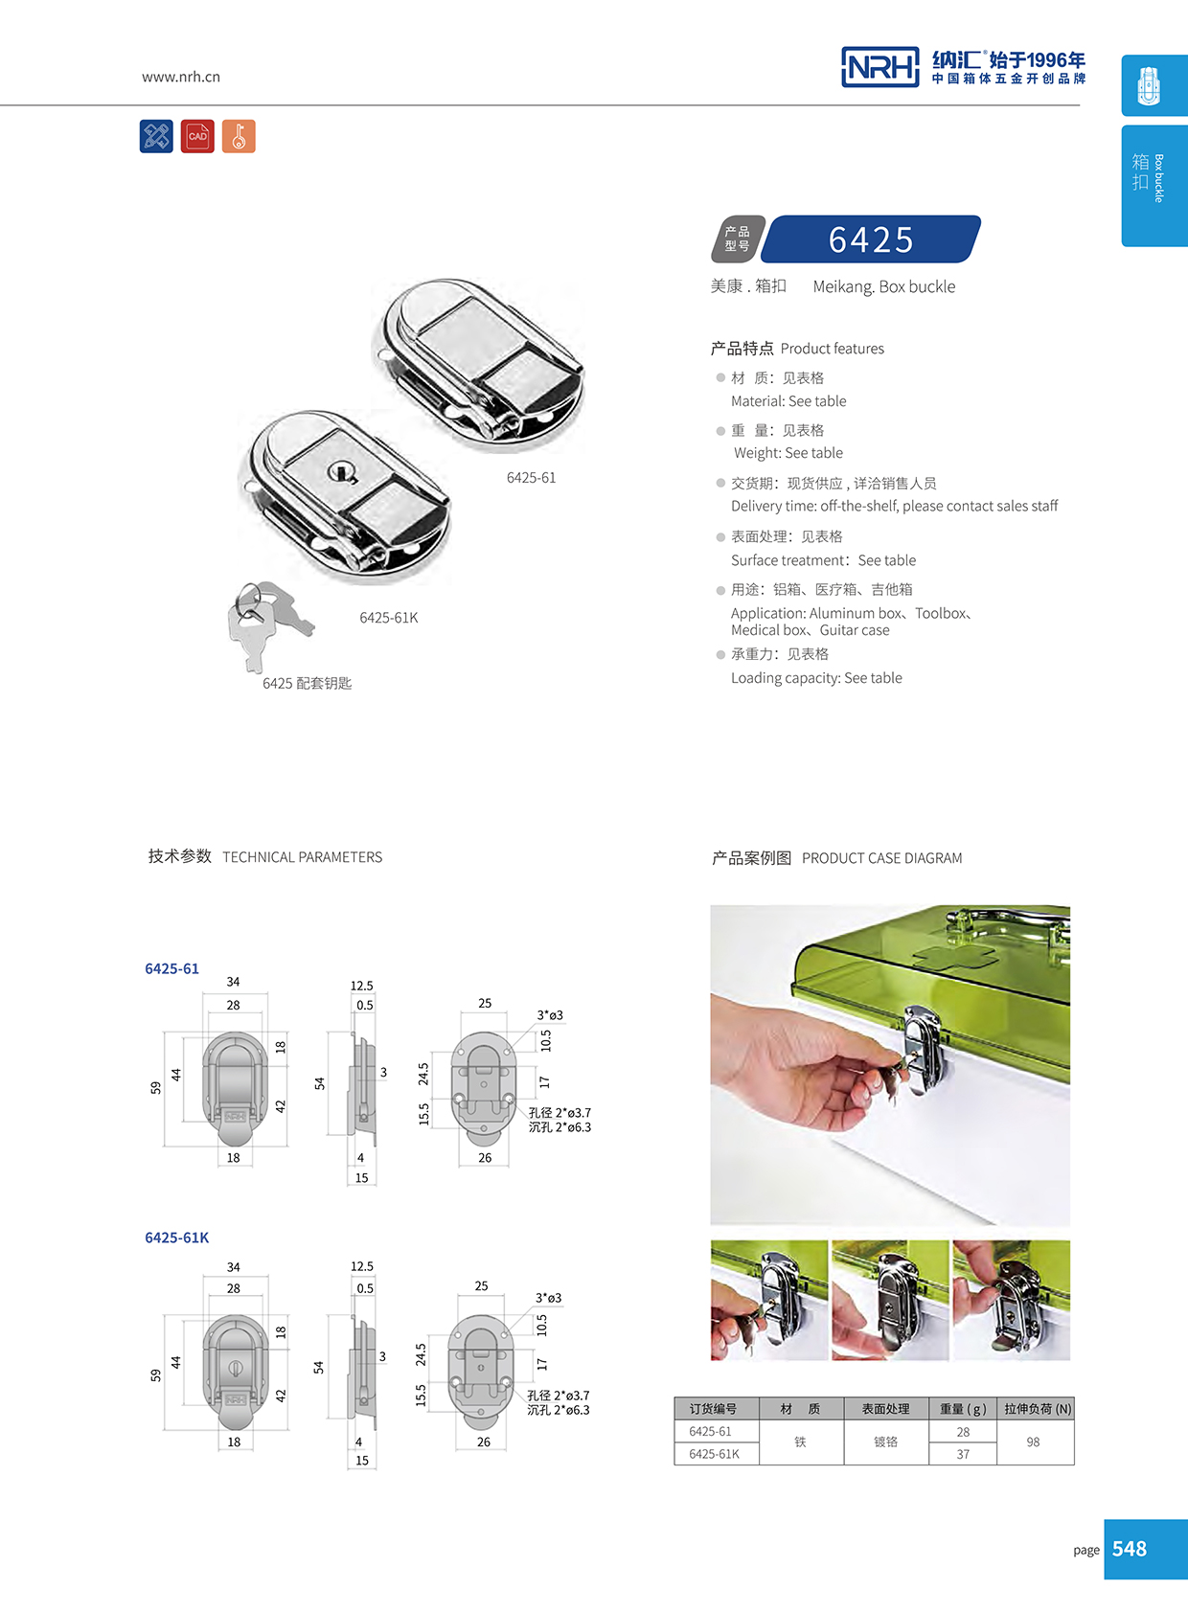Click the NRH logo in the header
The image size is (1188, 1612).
[x=880, y=67]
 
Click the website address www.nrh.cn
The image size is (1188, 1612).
[x=181, y=77]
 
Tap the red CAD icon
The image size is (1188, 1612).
[x=197, y=137]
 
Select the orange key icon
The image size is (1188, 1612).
[x=239, y=137]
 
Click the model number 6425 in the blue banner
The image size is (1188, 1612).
[x=871, y=239]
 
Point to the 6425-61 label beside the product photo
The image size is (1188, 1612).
[x=531, y=478]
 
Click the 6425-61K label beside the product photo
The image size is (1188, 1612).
[x=388, y=618]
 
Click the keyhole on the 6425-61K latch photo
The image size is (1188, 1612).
[x=342, y=471]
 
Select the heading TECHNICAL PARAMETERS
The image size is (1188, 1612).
[x=302, y=857]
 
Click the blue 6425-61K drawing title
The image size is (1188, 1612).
[x=176, y=1237]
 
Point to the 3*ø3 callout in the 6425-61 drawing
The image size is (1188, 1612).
[x=549, y=1015]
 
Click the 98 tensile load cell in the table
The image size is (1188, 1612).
[x=1033, y=1442]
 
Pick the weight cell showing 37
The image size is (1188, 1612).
[x=963, y=1454]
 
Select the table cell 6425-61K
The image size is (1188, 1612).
[x=714, y=1454]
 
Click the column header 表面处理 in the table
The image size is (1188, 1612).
[x=885, y=1409]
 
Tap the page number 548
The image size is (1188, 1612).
[x=1130, y=1549]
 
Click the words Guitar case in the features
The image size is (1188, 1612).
[x=855, y=630]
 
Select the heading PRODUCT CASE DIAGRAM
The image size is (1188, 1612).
[x=881, y=858]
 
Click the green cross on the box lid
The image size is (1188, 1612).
[x=943, y=955]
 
